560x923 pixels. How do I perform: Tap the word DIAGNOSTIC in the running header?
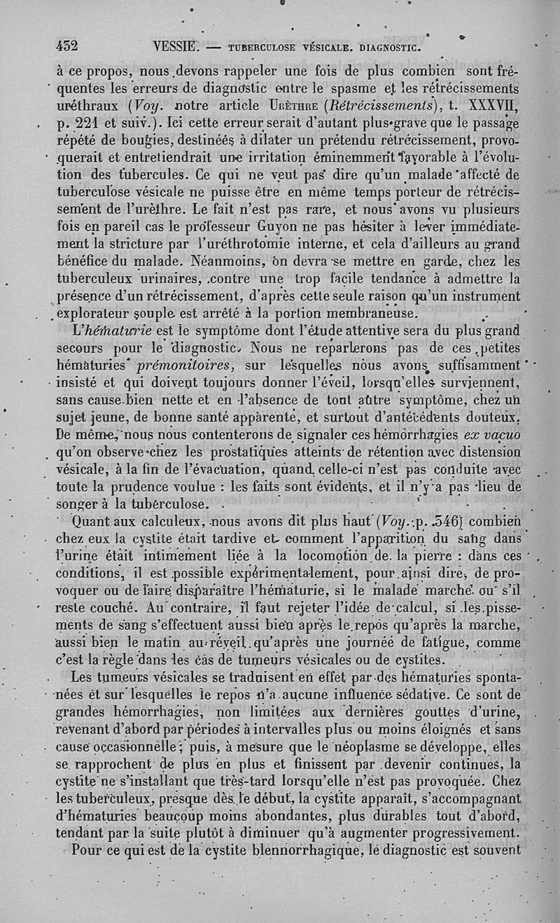[387, 48]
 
